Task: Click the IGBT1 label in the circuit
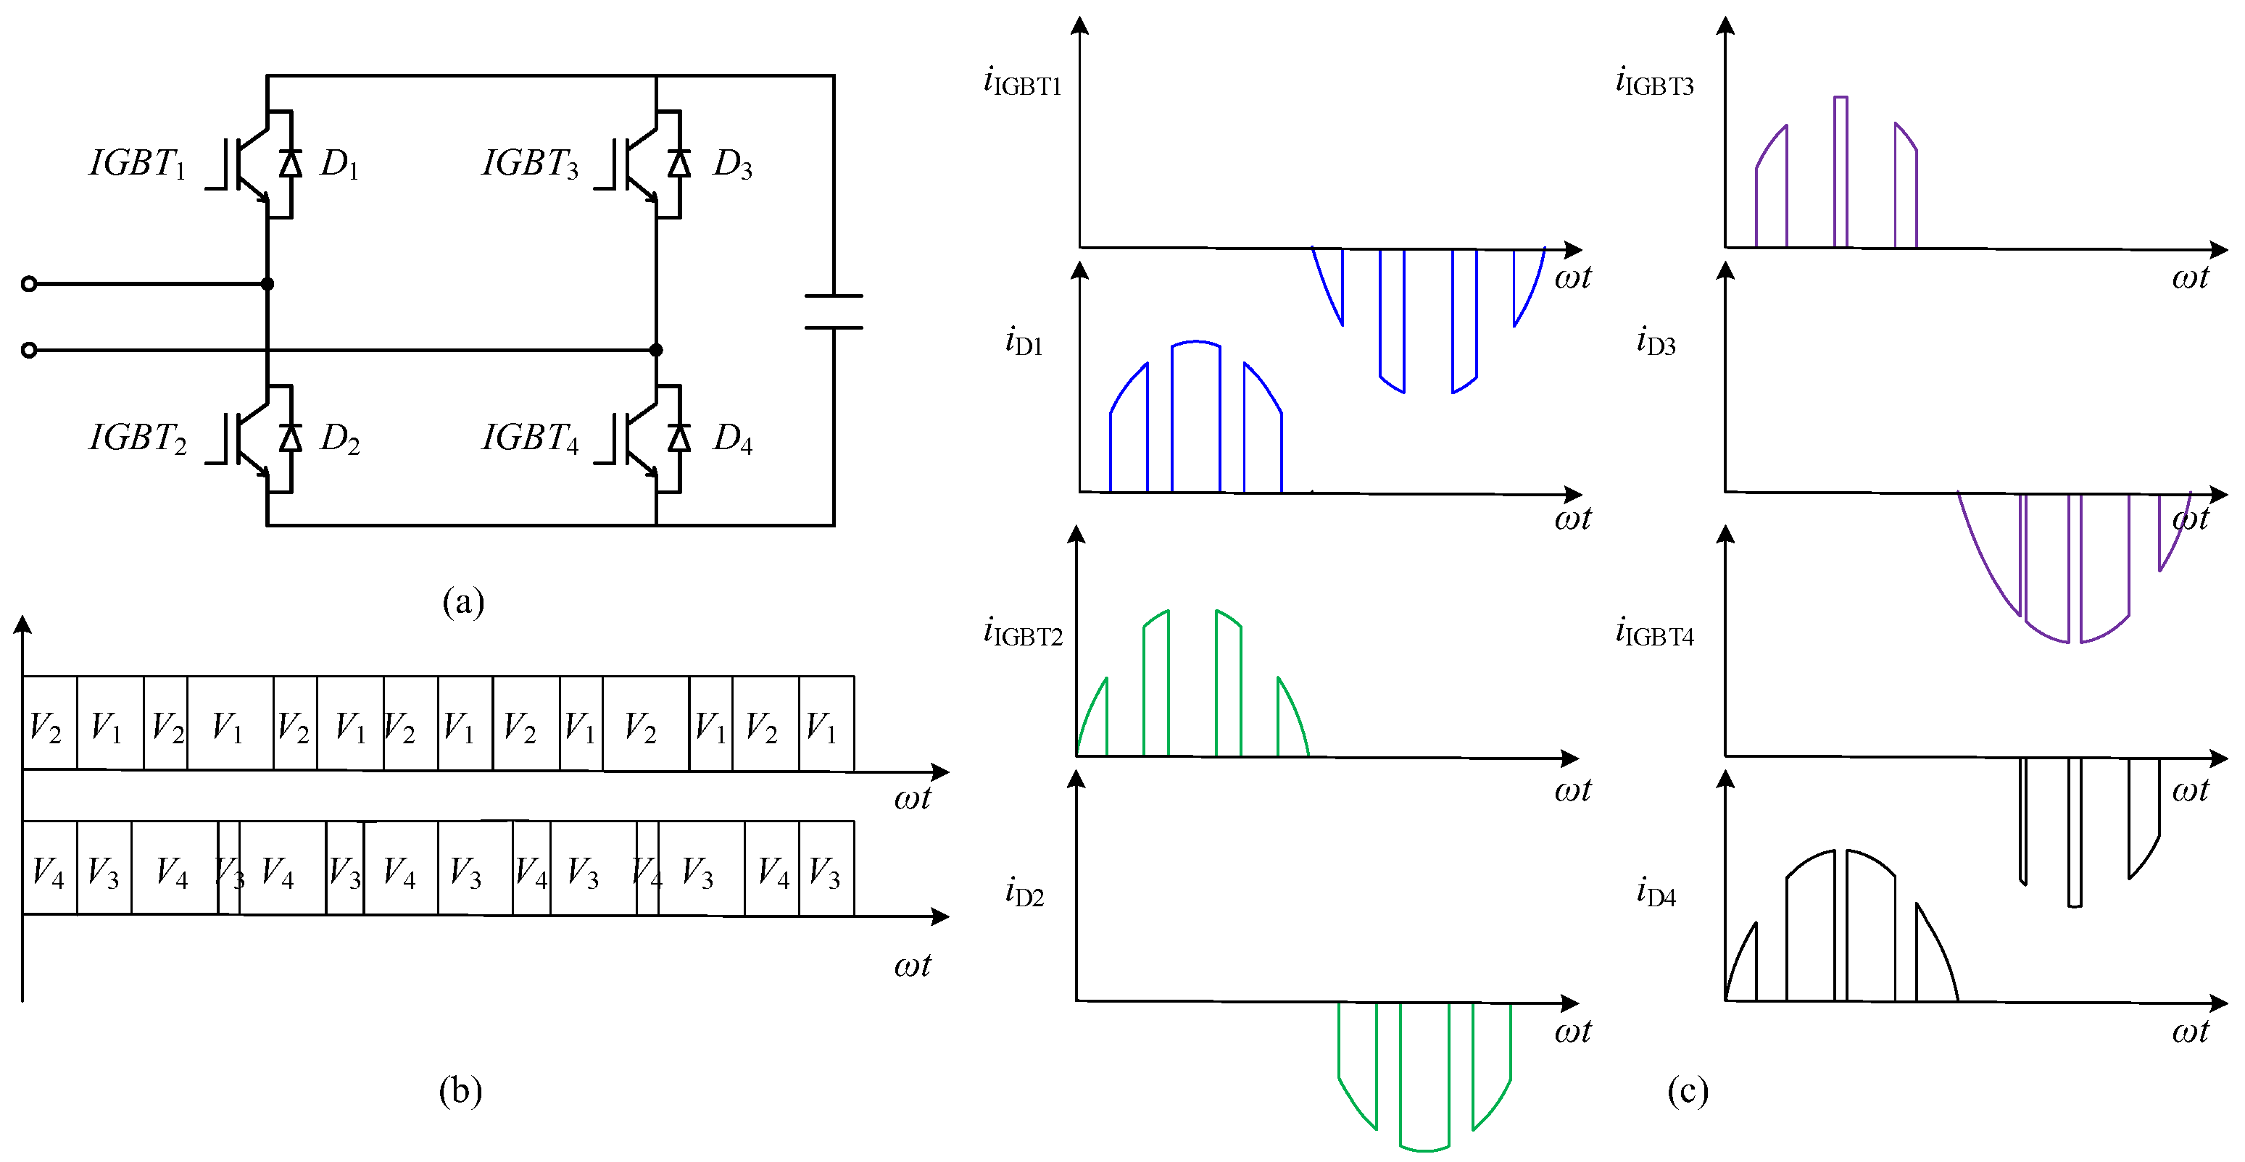(138, 163)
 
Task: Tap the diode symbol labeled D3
(679, 163)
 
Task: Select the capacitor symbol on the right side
(833, 312)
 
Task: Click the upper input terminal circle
(29, 284)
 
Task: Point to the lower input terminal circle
(29, 350)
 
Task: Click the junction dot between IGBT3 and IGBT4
(656, 350)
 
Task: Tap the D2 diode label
(340, 438)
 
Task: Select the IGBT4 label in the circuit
(530, 438)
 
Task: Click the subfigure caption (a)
(462, 602)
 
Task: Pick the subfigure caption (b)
(460, 1090)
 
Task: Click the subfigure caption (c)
(1688, 1090)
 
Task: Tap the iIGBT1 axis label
(1022, 82)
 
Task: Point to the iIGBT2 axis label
(1022, 632)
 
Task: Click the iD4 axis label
(1656, 893)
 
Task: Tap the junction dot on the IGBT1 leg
(267, 284)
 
